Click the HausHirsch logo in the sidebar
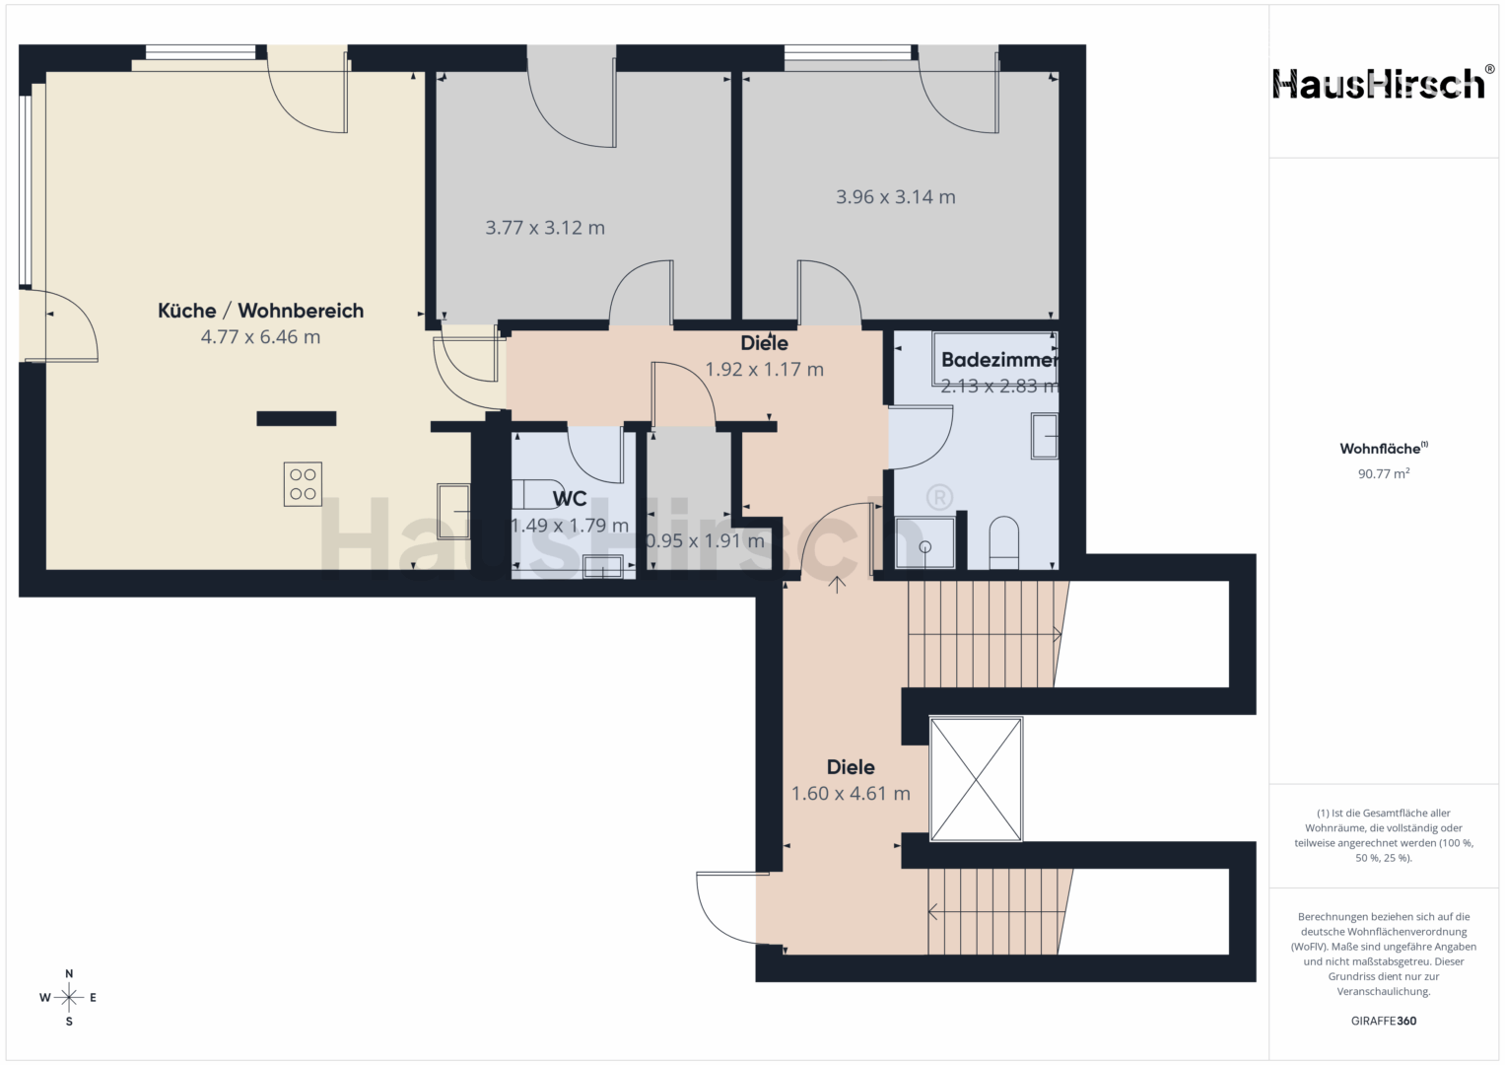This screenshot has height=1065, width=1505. point(1381,84)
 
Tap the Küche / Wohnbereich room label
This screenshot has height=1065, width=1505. point(260,311)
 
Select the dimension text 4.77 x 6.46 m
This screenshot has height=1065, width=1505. point(260,337)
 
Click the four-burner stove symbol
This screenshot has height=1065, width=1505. point(303,484)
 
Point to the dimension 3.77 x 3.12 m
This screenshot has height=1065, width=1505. point(545,228)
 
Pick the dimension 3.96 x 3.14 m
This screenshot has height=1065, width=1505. point(896,197)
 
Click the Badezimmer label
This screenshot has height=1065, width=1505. point(999,360)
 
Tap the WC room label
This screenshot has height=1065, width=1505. point(569,498)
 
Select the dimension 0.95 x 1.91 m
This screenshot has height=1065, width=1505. point(706,540)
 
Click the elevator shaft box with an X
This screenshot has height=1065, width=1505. point(976,779)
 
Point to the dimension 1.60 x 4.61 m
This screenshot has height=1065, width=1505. point(851,794)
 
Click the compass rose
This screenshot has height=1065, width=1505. point(69,998)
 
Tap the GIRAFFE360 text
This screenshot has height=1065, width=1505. point(1384,1021)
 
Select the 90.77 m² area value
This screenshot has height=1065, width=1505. point(1384,474)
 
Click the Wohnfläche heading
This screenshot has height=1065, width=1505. point(1384,449)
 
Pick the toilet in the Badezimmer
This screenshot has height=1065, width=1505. point(1003,542)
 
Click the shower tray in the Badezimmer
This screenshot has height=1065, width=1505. point(925,542)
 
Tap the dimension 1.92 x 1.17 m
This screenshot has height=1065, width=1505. point(764,369)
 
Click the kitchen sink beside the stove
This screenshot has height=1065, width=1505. point(453,511)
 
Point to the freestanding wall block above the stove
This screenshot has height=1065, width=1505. point(297,419)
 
